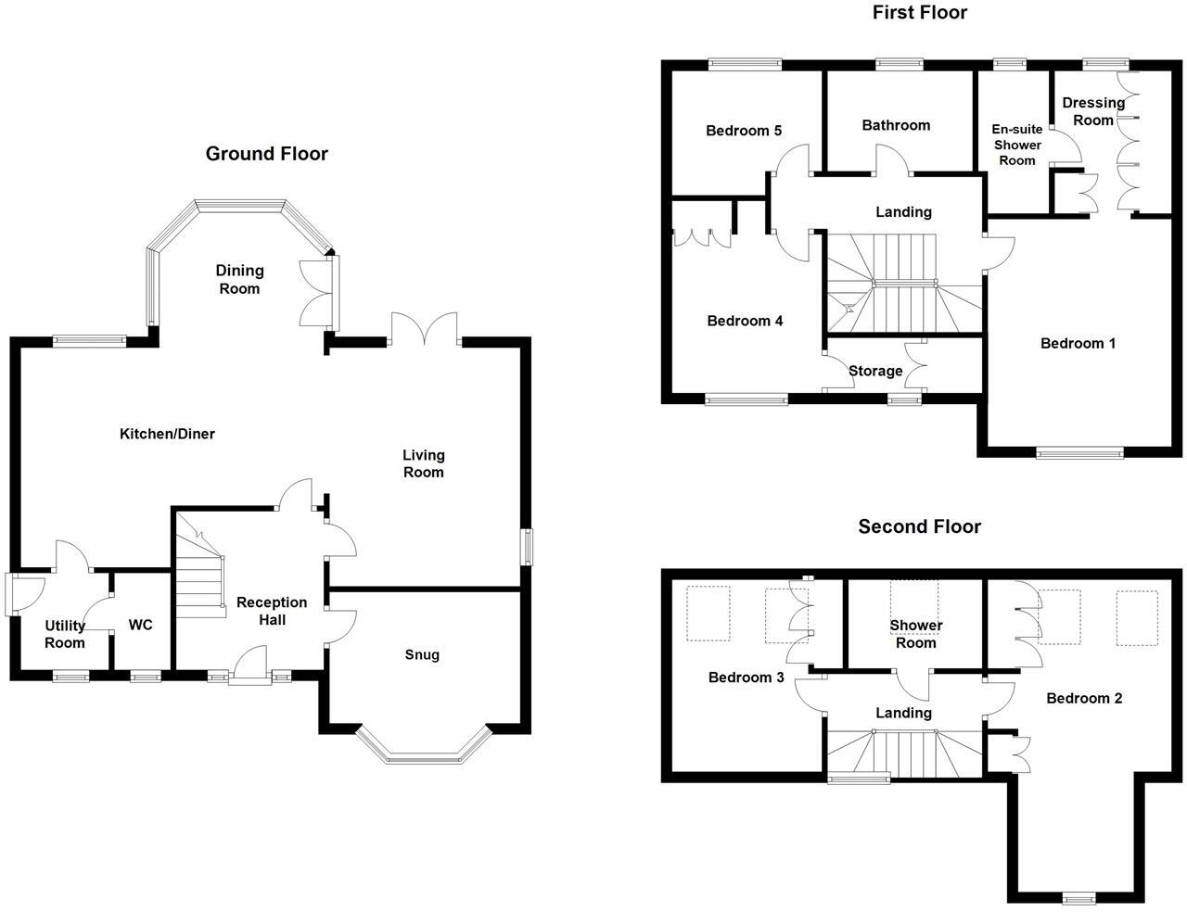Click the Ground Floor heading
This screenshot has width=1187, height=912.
266,154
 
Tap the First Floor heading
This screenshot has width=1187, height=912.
919,12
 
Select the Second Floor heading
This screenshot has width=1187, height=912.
919,526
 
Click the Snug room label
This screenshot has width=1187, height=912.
422,654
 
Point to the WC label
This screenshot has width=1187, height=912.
140,626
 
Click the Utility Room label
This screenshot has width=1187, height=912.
65,634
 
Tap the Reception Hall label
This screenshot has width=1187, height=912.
272,611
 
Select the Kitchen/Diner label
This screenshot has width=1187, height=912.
167,434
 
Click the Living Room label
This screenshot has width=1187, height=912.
423,463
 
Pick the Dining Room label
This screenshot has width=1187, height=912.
239,279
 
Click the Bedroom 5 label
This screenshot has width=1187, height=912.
744,131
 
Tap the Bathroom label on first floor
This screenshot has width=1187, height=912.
895,125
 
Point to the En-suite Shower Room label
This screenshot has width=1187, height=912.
1016,145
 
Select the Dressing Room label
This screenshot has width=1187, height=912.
1093,111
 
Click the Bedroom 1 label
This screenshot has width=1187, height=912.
1078,344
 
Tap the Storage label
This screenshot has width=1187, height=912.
875,371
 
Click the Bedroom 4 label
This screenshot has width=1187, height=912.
745,321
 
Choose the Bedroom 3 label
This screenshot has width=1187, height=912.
746,678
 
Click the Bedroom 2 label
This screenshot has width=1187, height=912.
1084,698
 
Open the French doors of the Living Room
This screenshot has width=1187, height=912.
424,329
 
